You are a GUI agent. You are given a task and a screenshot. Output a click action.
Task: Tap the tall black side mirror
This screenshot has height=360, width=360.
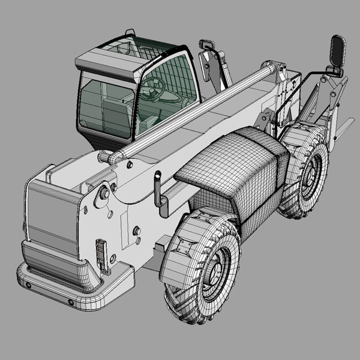338,53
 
